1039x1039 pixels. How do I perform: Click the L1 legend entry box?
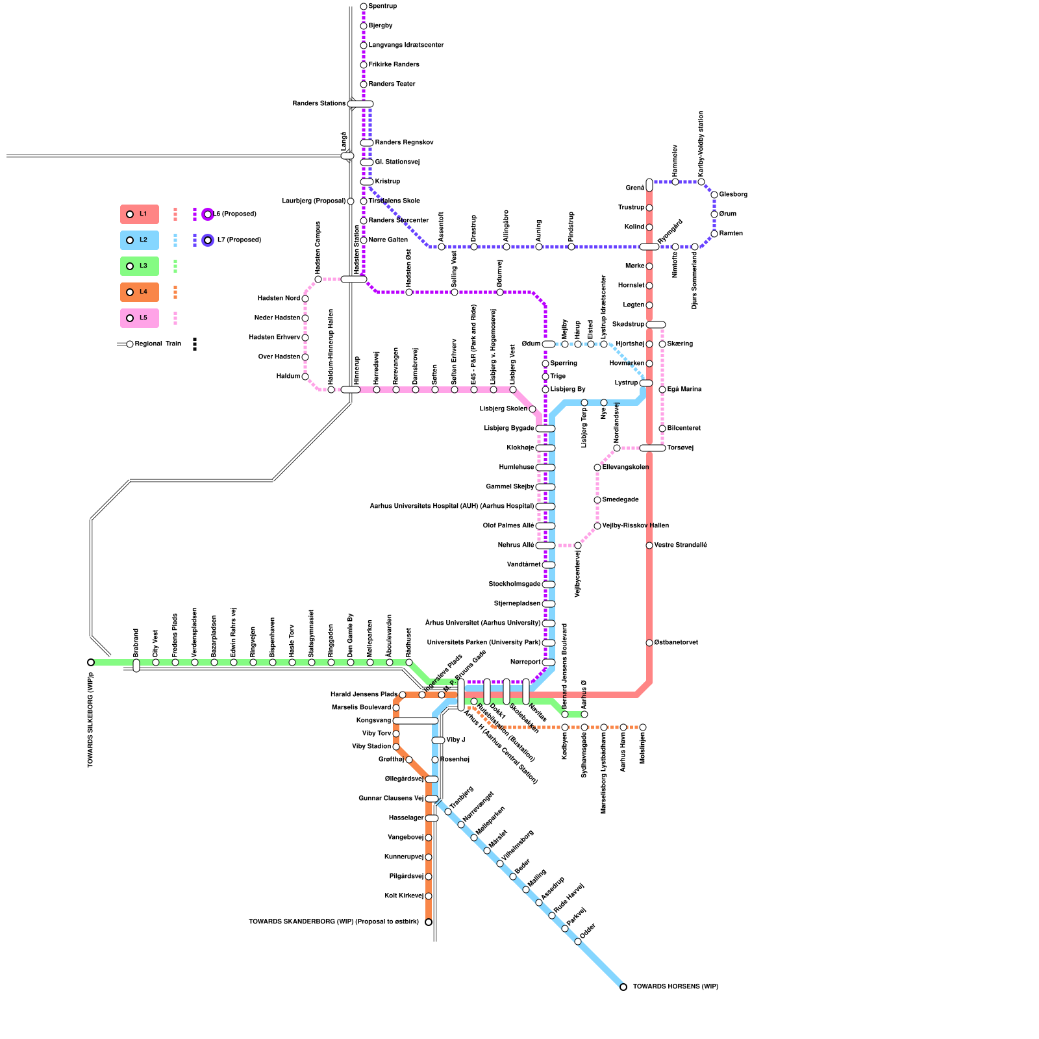[x=139, y=214]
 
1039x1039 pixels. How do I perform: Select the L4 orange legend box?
[x=139, y=292]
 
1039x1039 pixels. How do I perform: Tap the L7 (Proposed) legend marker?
[x=208, y=240]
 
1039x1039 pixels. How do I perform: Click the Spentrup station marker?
[x=364, y=6]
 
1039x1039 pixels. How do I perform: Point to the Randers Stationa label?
[x=319, y=104]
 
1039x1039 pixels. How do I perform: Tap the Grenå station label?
[x=634, y=188]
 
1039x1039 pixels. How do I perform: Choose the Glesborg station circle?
[x=714, y=195]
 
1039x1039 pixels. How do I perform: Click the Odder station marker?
[x=578, y=942]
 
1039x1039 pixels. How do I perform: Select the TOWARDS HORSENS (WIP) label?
[x=675, y=987]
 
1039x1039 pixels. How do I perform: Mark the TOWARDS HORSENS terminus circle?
[x=623, y=987]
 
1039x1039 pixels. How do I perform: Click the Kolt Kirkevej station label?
[x=403, y=896]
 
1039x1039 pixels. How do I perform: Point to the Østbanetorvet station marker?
[x=649, y=643]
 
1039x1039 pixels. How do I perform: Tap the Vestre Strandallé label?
[x=681, y=545]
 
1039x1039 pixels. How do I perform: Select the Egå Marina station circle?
[x=662, y=390]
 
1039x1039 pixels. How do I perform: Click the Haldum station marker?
[x=305, y=377]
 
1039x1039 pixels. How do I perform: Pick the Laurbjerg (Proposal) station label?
[x=314, y=201]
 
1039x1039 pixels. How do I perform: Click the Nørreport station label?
[x=525, y=662]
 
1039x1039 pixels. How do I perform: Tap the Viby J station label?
[x=456, y=740]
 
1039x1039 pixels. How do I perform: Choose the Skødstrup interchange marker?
[x=656, y=325]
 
